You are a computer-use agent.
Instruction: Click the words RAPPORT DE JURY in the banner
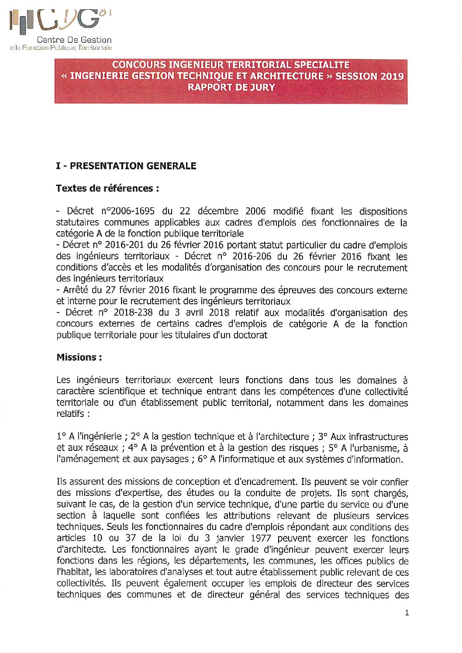point(231,87)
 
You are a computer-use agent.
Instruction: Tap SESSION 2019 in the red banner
point(369,76)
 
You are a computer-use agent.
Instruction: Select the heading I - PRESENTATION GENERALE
point(126,166)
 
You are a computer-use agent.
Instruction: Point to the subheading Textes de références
point(107,189)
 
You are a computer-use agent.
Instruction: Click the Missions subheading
point(79,357)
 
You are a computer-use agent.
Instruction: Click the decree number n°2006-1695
point(128,211)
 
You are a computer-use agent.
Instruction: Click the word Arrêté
point(77,290)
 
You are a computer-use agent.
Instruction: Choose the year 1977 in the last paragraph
point(261,538)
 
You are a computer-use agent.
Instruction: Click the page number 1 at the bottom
point(407,613)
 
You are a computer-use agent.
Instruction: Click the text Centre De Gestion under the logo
point(74,40)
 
